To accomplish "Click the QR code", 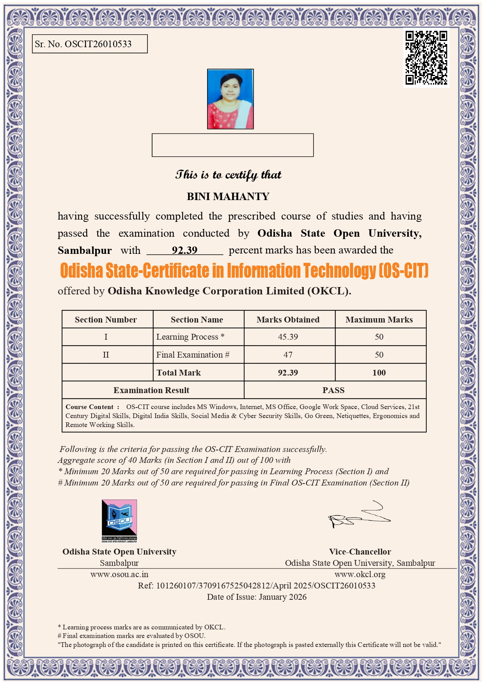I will click(426, 58).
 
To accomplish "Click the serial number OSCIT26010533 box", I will click(90, 44).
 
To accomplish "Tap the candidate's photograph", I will click(230, 99).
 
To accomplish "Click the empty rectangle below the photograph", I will click(232, 145).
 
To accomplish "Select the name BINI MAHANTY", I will click(228, 197).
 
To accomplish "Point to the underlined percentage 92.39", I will click(184, 250).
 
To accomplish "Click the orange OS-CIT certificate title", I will click(244, 271).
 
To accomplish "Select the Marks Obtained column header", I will click(288, 320).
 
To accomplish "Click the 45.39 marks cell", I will click(288, 337).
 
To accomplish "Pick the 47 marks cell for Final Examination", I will click(288, 355).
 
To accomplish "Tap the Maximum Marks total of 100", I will click(379, 373).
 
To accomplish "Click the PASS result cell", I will click(333, 390).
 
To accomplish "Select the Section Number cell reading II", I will click(106, 355).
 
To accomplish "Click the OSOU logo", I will click(119, 521).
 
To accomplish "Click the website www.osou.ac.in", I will click(119, 574).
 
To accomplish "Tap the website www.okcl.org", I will click(360, 574).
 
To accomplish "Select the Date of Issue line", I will click(257, 597).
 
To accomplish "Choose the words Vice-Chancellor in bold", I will click(360, 552).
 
